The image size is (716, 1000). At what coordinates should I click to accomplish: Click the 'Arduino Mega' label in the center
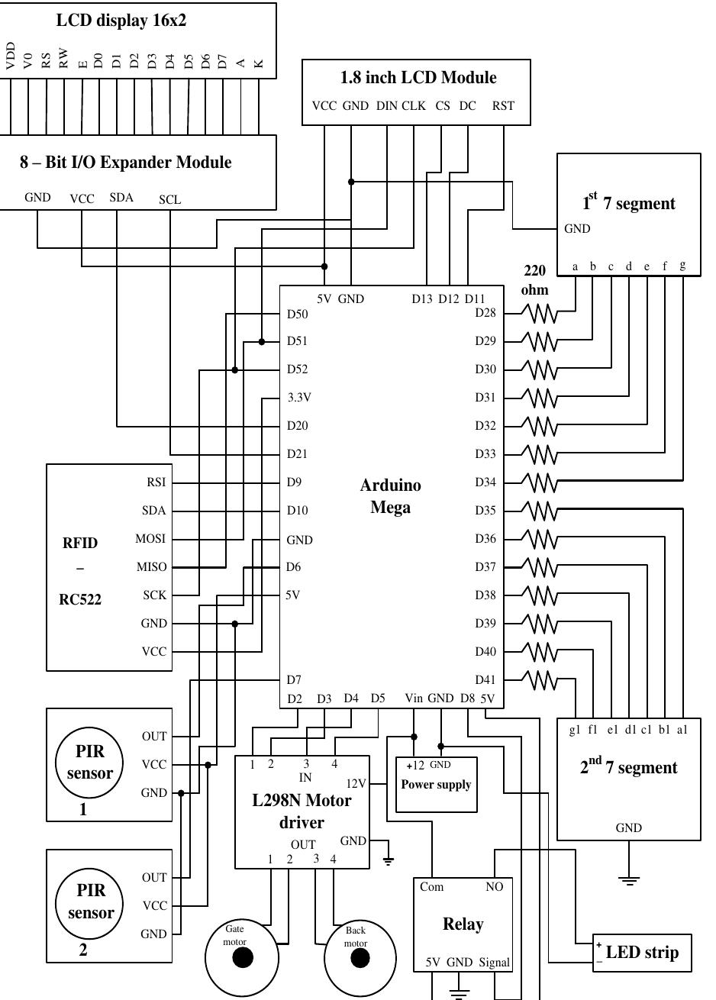pyautogui.click(x=390, y=496)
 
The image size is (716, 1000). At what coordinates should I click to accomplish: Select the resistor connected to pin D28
pyautogui.click(x=540, y=313)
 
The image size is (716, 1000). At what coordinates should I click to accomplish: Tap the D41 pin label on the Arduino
pyautogui.click(x=485, y=679)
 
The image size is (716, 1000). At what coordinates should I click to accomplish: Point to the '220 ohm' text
pyautogui.click(x=534, y=280)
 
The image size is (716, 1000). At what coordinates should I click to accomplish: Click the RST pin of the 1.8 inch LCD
pyautogui.click(x=503, y=106)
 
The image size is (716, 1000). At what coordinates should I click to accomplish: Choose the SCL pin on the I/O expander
pyautogui.click(x=169, y=199)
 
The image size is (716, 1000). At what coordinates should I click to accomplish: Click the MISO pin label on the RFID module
pyautogui.click(x=151, y=566)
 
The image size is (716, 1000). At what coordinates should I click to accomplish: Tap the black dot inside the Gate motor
pyautogui.click(x=243, y=957)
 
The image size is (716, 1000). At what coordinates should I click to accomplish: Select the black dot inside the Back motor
pyautogui.click(x=360, y=957)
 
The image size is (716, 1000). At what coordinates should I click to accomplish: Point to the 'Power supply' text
pyautogui.click(x=436, y=784)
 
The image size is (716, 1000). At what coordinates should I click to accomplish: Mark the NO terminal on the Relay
pyautogui.click(x=494, y=887)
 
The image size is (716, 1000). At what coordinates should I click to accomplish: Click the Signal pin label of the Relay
pyautogui.click(x=494, y=963)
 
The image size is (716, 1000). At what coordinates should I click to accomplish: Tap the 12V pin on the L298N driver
pyautogui.click(x=356, y=783)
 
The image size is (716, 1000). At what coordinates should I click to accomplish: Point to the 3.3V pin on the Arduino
pyautogui.click(x=299, y=397)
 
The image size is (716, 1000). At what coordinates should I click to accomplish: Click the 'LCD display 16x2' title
pyautogui.click(x=121, y=21)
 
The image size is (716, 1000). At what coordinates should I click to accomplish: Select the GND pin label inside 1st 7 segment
pyautogui.click(x=576, y=228)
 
